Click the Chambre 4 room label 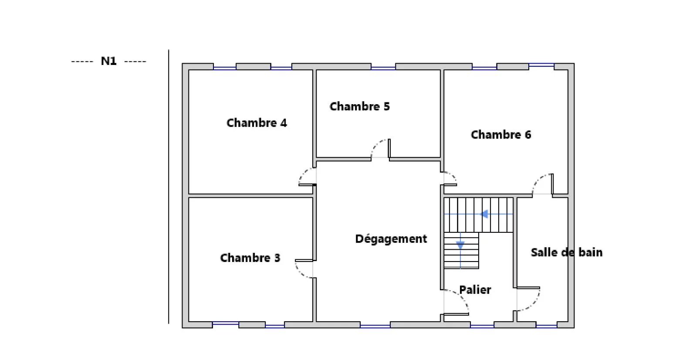(257, 123)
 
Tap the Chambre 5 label (359, 106)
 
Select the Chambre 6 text (501, 135)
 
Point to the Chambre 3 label (250, 258)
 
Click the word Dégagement (391, 239)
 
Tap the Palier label (475, 290)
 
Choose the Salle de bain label (566, 252)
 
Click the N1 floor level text (108, 61)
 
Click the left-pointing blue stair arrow (483, 214)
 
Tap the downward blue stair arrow (460, 245)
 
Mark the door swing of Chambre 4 (307, 177)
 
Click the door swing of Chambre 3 (304, 268)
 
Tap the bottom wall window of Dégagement (375, 325)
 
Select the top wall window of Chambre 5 (383, 67)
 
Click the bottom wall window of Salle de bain (546, 325)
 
